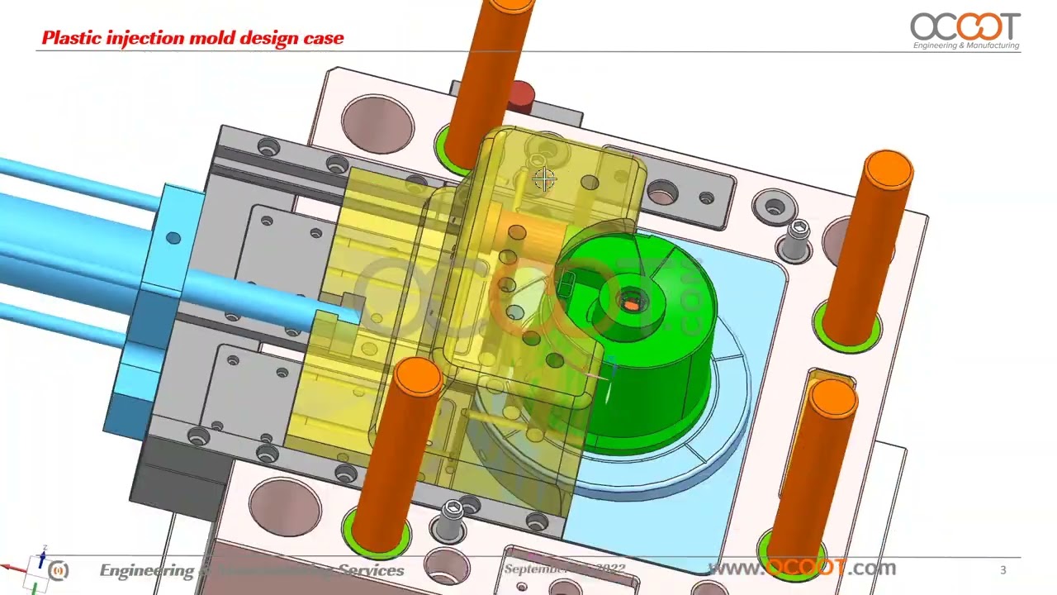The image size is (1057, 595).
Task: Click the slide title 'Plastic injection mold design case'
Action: pyautogui.click(x=192, y=38)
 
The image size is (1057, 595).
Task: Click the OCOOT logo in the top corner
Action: pyautogui.click(x=965, y=30)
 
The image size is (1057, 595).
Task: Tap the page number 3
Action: pyautogui.click(x=1003, y=569)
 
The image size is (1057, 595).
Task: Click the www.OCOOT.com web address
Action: pyautogui.click(x=801, y=569)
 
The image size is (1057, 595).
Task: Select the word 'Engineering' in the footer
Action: pyautogui.click(x=145, y=570)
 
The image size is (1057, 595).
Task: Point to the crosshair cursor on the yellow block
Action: pyautogui.click(x=544, y=179)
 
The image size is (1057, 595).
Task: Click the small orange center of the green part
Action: pyautogui.click(x=630, y=305)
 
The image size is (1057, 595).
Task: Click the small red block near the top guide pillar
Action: pyautogui.click(x=520, y=95)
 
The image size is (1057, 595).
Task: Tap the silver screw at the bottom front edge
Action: pyautogui.click(x=452, y=514)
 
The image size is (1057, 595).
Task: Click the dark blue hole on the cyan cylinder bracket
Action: pyautogui.click(x=173, y=238)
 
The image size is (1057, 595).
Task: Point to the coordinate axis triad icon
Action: pyautogui.click(x=37, y=569)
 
